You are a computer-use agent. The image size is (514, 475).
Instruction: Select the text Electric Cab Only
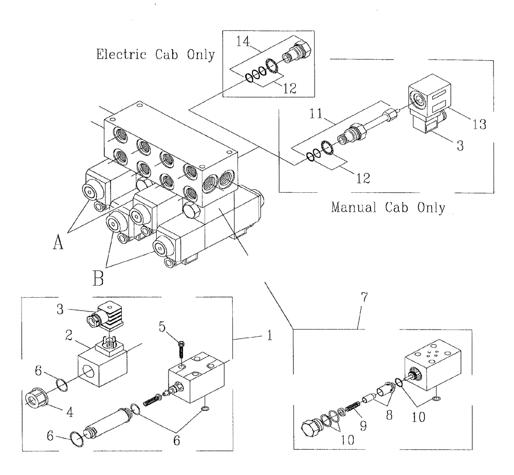(155, 54)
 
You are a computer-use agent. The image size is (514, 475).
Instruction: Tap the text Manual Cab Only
(388, 208)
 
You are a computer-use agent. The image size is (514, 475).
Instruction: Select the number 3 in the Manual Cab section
(460, 146)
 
